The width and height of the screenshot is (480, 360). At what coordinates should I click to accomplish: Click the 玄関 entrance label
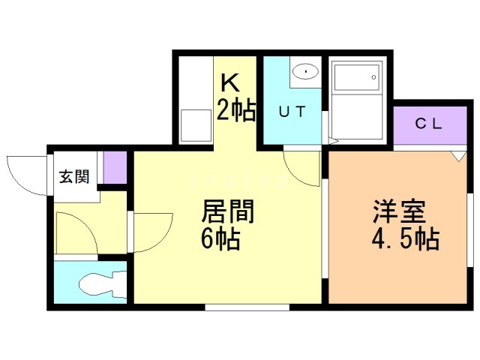(74, 177)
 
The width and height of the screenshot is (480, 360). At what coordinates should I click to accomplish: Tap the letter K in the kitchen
(230, 82)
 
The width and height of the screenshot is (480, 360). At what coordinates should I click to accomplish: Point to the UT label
(292, 112)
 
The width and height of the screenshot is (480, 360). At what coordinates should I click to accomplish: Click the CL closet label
(428, 124)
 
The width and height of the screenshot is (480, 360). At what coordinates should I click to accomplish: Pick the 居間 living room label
(228, 211)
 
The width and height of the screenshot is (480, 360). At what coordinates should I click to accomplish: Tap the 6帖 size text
(220, 240)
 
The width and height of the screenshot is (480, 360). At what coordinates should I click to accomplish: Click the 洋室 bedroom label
(399, 211)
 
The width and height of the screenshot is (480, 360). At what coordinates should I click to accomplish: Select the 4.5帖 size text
(406, 239)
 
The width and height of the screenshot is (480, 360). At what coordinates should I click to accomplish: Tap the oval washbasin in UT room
(305, 72)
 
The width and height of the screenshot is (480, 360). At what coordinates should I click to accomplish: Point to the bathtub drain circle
(373, 77)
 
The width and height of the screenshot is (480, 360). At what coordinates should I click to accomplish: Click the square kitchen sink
(196, 125)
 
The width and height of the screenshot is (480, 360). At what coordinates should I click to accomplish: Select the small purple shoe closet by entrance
(115, 167)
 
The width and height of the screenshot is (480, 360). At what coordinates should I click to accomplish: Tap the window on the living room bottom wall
(247, 307)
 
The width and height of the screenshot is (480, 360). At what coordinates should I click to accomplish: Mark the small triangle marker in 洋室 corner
(458, 156)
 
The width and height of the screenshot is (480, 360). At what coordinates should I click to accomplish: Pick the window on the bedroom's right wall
(470, 230)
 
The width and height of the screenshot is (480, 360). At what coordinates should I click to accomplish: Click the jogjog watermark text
(238, 181)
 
